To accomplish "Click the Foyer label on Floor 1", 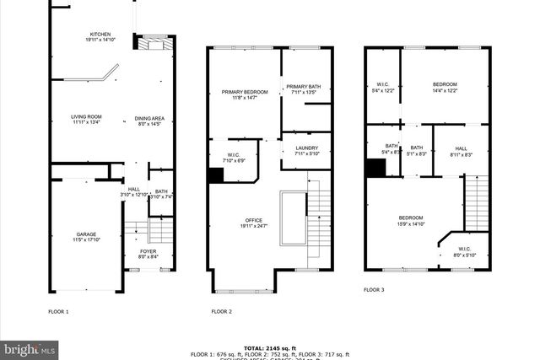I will pos(148,253).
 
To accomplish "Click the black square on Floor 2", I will pos(216,175).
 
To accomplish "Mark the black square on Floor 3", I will pos(375,168).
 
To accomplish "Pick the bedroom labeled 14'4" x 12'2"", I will pos(445,87).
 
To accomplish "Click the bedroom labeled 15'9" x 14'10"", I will pos(411,221).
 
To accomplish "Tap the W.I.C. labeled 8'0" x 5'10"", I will pos(465,252).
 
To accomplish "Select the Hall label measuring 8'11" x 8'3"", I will pos(461,151).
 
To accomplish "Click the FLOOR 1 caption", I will pos(58,311).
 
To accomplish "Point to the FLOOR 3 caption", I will pos(374,289).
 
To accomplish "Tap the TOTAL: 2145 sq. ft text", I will pos(270,347).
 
